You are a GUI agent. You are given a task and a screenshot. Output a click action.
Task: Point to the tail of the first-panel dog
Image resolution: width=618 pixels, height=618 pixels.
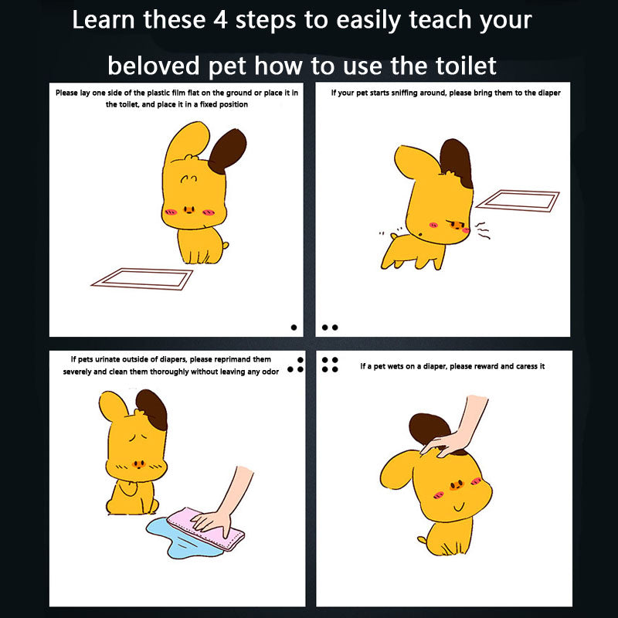pos(225,246)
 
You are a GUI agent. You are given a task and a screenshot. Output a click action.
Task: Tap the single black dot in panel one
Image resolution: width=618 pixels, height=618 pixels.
pos(294,327)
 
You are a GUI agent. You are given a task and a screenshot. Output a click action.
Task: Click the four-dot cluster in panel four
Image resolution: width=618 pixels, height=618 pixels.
pos(330,365)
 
